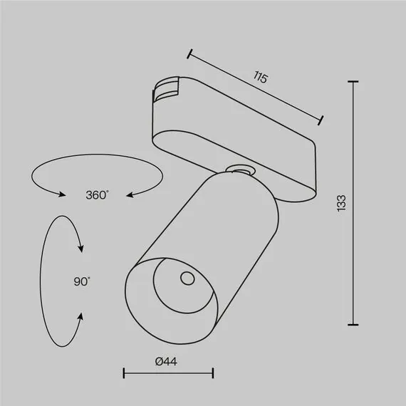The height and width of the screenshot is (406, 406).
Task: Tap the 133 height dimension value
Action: (342, 204)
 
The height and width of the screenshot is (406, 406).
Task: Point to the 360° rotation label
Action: (97, 194)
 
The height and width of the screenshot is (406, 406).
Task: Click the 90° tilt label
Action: (81, 281)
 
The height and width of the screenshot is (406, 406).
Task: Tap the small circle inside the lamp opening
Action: (187, 278)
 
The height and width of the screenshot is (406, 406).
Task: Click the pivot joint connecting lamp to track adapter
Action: (238, 169)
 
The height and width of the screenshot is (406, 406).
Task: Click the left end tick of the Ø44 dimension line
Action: (124, 373)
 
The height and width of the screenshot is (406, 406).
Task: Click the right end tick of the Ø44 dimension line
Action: (213, 373)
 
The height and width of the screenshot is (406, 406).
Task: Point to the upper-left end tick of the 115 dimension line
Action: (190, 52)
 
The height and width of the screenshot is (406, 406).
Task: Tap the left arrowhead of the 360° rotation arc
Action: (63, 192)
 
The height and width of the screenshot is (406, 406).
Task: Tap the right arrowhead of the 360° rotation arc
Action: (130, 192)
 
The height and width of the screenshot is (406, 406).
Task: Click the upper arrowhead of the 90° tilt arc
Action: (81, 249)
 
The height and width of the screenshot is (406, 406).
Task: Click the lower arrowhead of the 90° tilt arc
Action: (81, 316)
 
